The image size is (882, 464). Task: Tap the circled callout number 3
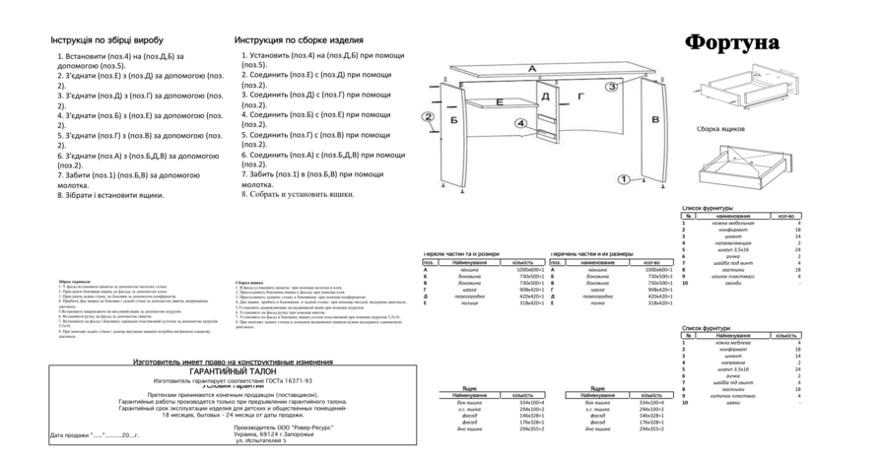point(612,87)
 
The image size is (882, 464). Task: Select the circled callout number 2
point(428,117)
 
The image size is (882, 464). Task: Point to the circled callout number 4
point(521,123)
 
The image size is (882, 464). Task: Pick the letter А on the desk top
point(532,68)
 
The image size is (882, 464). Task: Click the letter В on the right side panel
point(655,119)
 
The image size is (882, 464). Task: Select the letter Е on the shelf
point(500,101)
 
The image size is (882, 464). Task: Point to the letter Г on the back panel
point(580,97)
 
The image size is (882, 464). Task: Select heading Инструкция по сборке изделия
point(299,40)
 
